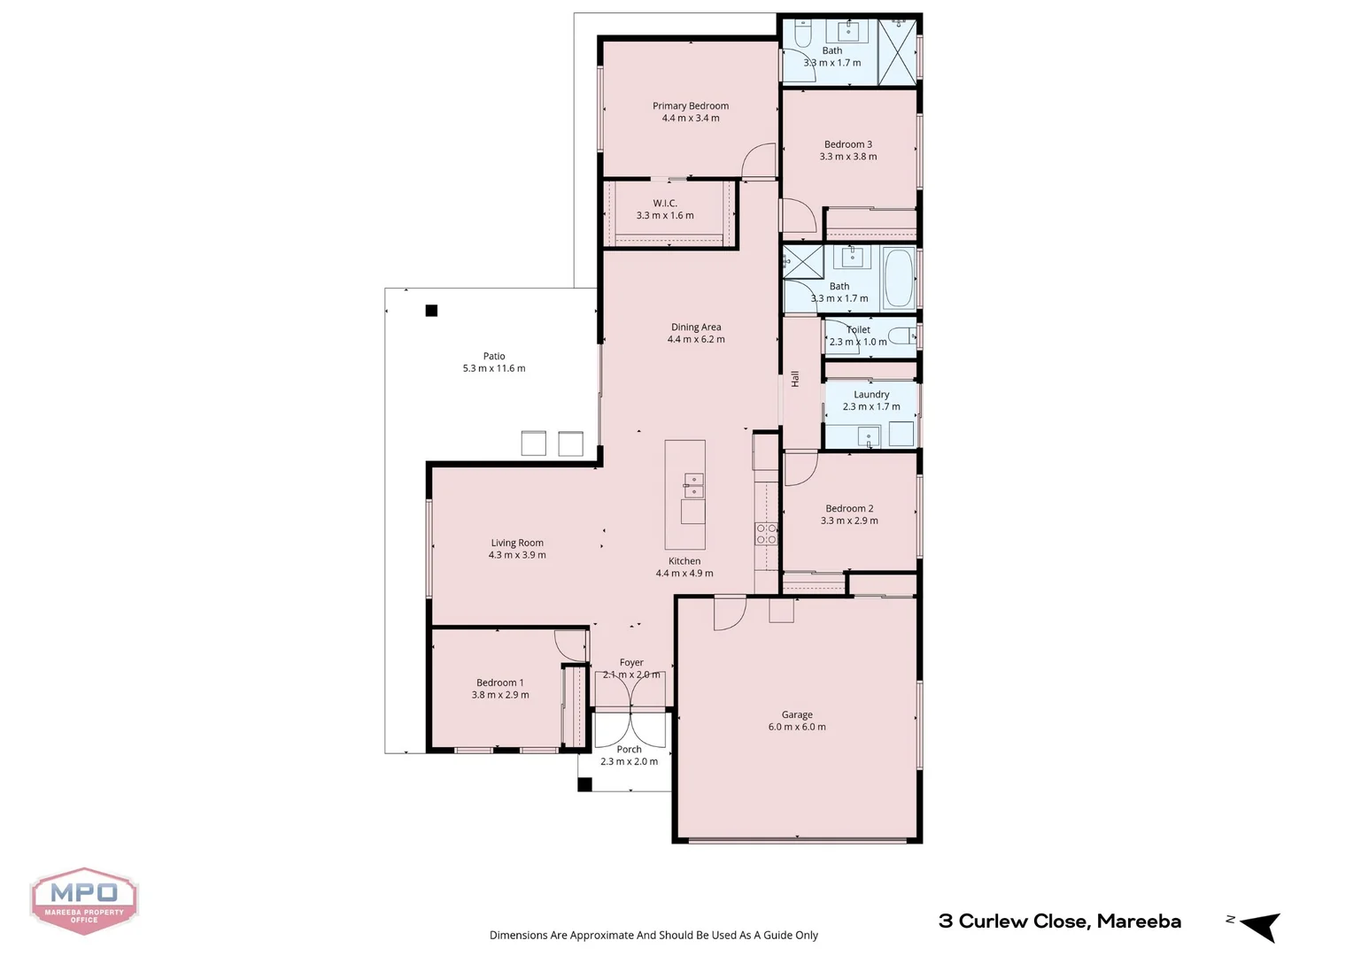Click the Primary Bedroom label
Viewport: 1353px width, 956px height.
(691, 106)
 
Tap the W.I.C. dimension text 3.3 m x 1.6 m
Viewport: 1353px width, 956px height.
(665, 216)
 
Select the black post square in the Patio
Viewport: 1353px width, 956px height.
(431, 311)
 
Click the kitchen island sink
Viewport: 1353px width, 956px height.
(693, 485)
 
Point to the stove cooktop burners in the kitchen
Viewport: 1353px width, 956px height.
(766, 533)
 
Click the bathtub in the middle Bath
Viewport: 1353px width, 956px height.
(899, 278)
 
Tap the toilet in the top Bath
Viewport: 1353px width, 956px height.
(803, 35)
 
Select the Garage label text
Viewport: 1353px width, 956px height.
(797, 714)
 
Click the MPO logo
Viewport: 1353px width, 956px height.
(84, 900)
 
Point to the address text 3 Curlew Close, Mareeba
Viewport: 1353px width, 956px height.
(1059, 921)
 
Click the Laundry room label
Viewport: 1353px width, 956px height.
(871, 395)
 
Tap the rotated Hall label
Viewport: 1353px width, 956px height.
(795, 379)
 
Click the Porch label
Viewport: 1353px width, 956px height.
(629, 750)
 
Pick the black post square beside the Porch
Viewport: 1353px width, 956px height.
(584, 784)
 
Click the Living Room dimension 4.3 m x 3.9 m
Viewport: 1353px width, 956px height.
(517, 555)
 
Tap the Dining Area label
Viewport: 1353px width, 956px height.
(696, 328)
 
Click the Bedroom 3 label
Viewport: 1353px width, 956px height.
(848, 144)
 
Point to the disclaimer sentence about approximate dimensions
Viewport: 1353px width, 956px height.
(653, 935)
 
